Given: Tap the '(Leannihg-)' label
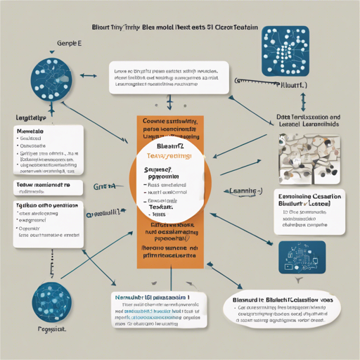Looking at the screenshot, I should (x=241, y=191).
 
